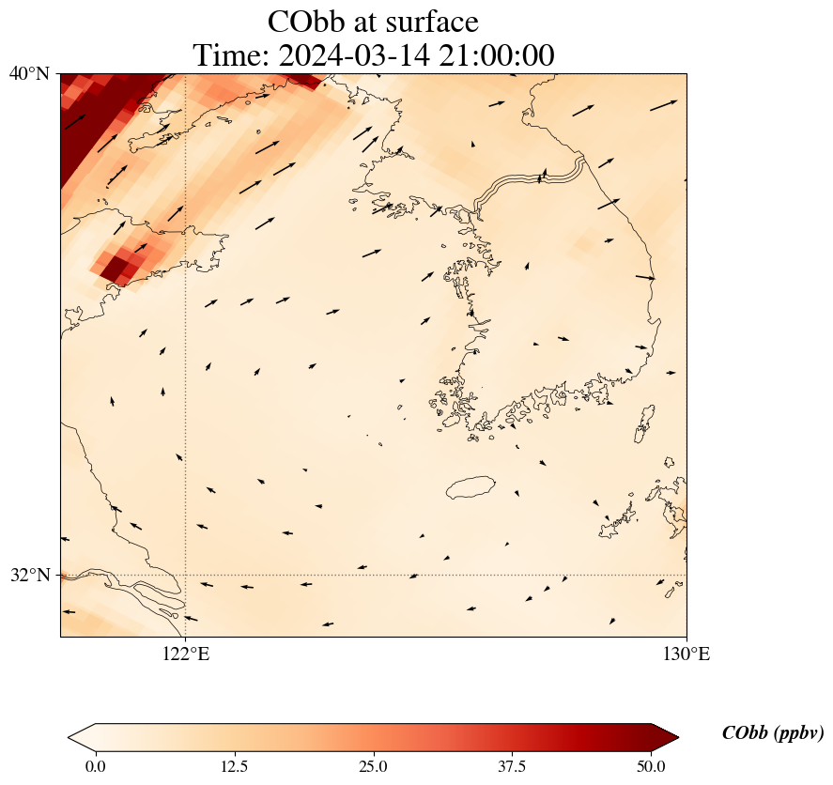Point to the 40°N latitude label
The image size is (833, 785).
coord(29,73)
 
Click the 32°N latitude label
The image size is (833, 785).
coord(29,575)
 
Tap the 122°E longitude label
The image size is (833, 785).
coord(186,654)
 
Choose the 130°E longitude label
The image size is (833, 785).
coord(686,654)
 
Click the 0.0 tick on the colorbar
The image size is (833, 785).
coord(95,766)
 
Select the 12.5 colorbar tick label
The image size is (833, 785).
coord(234,766)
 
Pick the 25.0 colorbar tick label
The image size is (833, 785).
coord(373,766)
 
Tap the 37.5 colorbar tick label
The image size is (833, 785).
coord(512,766)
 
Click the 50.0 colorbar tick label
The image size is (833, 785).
coord(651,766)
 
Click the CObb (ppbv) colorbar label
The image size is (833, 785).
coord(773,733)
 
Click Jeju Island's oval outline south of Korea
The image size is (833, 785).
coord(470,487)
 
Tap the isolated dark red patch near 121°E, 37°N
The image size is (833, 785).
coord(118,267)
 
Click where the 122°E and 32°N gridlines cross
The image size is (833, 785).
coord(186,575)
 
